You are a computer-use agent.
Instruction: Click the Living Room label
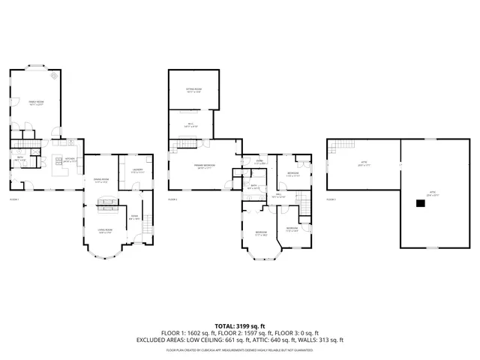coord(105,232)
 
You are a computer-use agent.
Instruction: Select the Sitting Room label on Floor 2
coord(194,90)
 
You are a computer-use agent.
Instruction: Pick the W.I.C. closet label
coord(191,124)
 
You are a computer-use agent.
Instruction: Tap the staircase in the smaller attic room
coord(343,145)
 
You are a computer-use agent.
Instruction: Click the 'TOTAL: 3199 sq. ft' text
coord(239,326)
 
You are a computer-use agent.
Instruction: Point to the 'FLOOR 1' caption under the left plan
coord(14,199)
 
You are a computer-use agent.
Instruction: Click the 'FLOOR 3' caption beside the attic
coord(331,199)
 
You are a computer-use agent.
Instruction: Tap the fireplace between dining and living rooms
coord(105,202)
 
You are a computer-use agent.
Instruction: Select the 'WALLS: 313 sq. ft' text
coord(319,340)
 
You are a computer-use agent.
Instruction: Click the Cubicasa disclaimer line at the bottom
coord(239,349)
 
